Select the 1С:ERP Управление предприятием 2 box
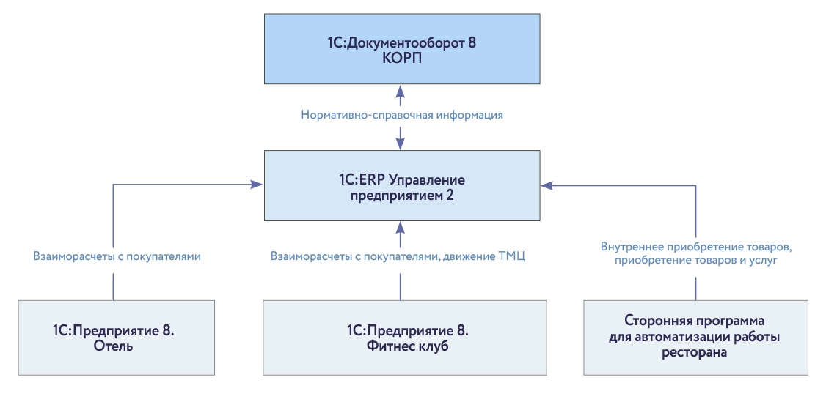[401, 186]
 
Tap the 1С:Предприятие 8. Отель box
[117, 338]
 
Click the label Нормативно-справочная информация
[401, 115]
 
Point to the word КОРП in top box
[401, 59]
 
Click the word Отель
[113, 346]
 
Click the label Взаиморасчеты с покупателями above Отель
[117, 257]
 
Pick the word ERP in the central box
[373, 179]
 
